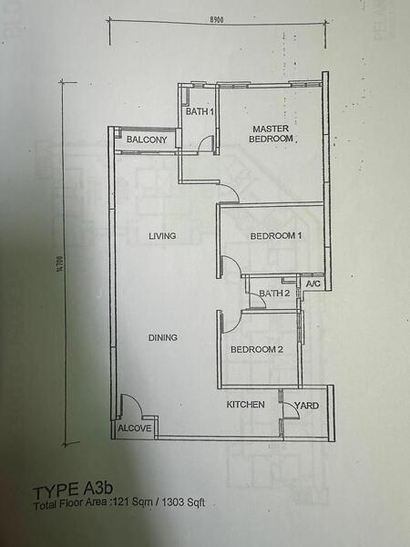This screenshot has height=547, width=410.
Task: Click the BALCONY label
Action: coord(146,139)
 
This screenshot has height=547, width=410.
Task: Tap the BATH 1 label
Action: coord(200,112)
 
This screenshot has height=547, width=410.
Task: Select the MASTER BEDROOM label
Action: coord(272,133)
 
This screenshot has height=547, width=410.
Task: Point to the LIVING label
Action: coord(162,236)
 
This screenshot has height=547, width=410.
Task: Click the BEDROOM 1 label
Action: coord(276,236)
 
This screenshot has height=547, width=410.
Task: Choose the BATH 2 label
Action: coord(274,293)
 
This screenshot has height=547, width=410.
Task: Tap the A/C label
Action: coord(313,284)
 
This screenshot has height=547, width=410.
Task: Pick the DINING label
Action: coord(162,337)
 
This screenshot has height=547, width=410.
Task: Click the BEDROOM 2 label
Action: coord(256,349)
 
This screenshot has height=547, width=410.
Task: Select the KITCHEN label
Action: coord(246,404)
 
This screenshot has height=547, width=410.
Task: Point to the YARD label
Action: coord(306,406)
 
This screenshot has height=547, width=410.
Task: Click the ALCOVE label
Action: coord(134,428)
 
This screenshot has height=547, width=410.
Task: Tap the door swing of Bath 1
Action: coord(207,143)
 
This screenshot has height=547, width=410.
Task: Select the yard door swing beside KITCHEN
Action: coord(290,409)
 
